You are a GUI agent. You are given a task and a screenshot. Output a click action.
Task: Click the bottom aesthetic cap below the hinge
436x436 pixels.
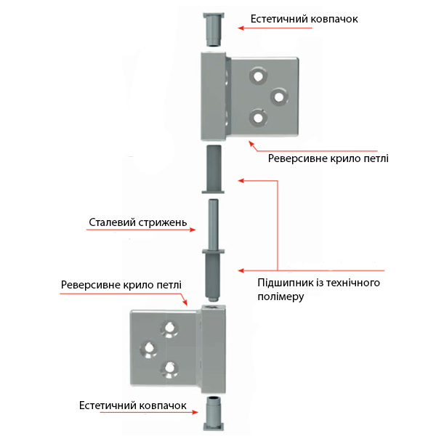[x=212, y=413]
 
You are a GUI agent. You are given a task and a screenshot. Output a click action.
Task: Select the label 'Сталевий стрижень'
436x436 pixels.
[x=138, y=222]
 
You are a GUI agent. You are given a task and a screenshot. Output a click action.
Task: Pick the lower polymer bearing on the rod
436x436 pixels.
[x=213, y=272]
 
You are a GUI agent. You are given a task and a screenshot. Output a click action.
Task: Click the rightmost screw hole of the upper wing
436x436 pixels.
[x=277, y=95]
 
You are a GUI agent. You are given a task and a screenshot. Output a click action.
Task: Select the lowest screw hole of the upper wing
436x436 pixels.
[x=256, y=116]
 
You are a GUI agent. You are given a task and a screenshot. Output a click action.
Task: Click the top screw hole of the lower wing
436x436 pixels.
[x=170, y=328]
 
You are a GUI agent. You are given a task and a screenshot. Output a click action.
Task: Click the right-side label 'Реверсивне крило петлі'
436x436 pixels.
[x=328, y=158]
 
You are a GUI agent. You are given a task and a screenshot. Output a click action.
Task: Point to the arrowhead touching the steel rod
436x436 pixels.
[x=194, y=229]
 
